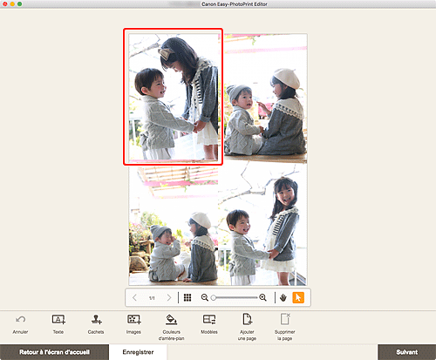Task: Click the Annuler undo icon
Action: pyautogui.click(x=20, y=320)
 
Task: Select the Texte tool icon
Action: pyautogui.click(x=58, y=319)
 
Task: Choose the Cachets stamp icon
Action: pyautogui.click(x=96, y=319)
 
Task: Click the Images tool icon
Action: pyautogui.click(x=134, y=319)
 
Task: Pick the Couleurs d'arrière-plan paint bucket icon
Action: pyautogui.click(x=172, y=319)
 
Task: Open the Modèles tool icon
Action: pyautogui.click(x=209, y=319)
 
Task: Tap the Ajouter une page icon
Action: pyautogui.click(x=247, y=319)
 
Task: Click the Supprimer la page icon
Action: pyautogui.click(x=285, y=319)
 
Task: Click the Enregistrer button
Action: pyautogui.click(x=138, y=352)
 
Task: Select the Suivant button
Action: pyautogui.click(x=406, y=352)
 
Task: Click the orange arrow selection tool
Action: pyautogui.click(x=298, y=297)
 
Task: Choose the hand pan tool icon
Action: pyautogui.click(x=283, y=297)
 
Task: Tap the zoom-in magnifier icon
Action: pyautogui.click(x=262, y=297)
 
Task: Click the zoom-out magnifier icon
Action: pyautogui.click(x=205, y=297)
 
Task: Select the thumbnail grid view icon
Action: pyautogui.click(x=187, y=297)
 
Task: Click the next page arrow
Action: pyautogui.click(x=169, y=297)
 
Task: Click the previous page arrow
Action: pyautogui.click(x=134, y=297)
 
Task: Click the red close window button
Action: pyautogui.click(x=5, y=4)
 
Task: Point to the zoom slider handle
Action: pyautogui.click(x=214, y=298)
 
